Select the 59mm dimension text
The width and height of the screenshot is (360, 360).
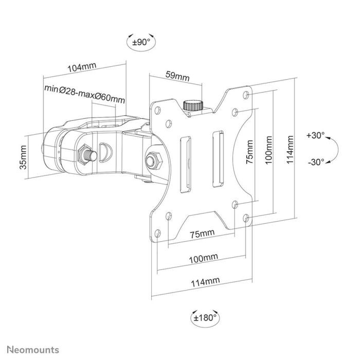pos(176,76)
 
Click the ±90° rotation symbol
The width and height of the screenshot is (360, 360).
pos(140,43)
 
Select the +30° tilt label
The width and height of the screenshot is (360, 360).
pos(315,136)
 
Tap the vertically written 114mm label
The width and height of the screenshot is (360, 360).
pos(291,149)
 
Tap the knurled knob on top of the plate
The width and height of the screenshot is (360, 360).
pos(193,105)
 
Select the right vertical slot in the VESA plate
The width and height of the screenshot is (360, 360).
pos(217,157)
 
